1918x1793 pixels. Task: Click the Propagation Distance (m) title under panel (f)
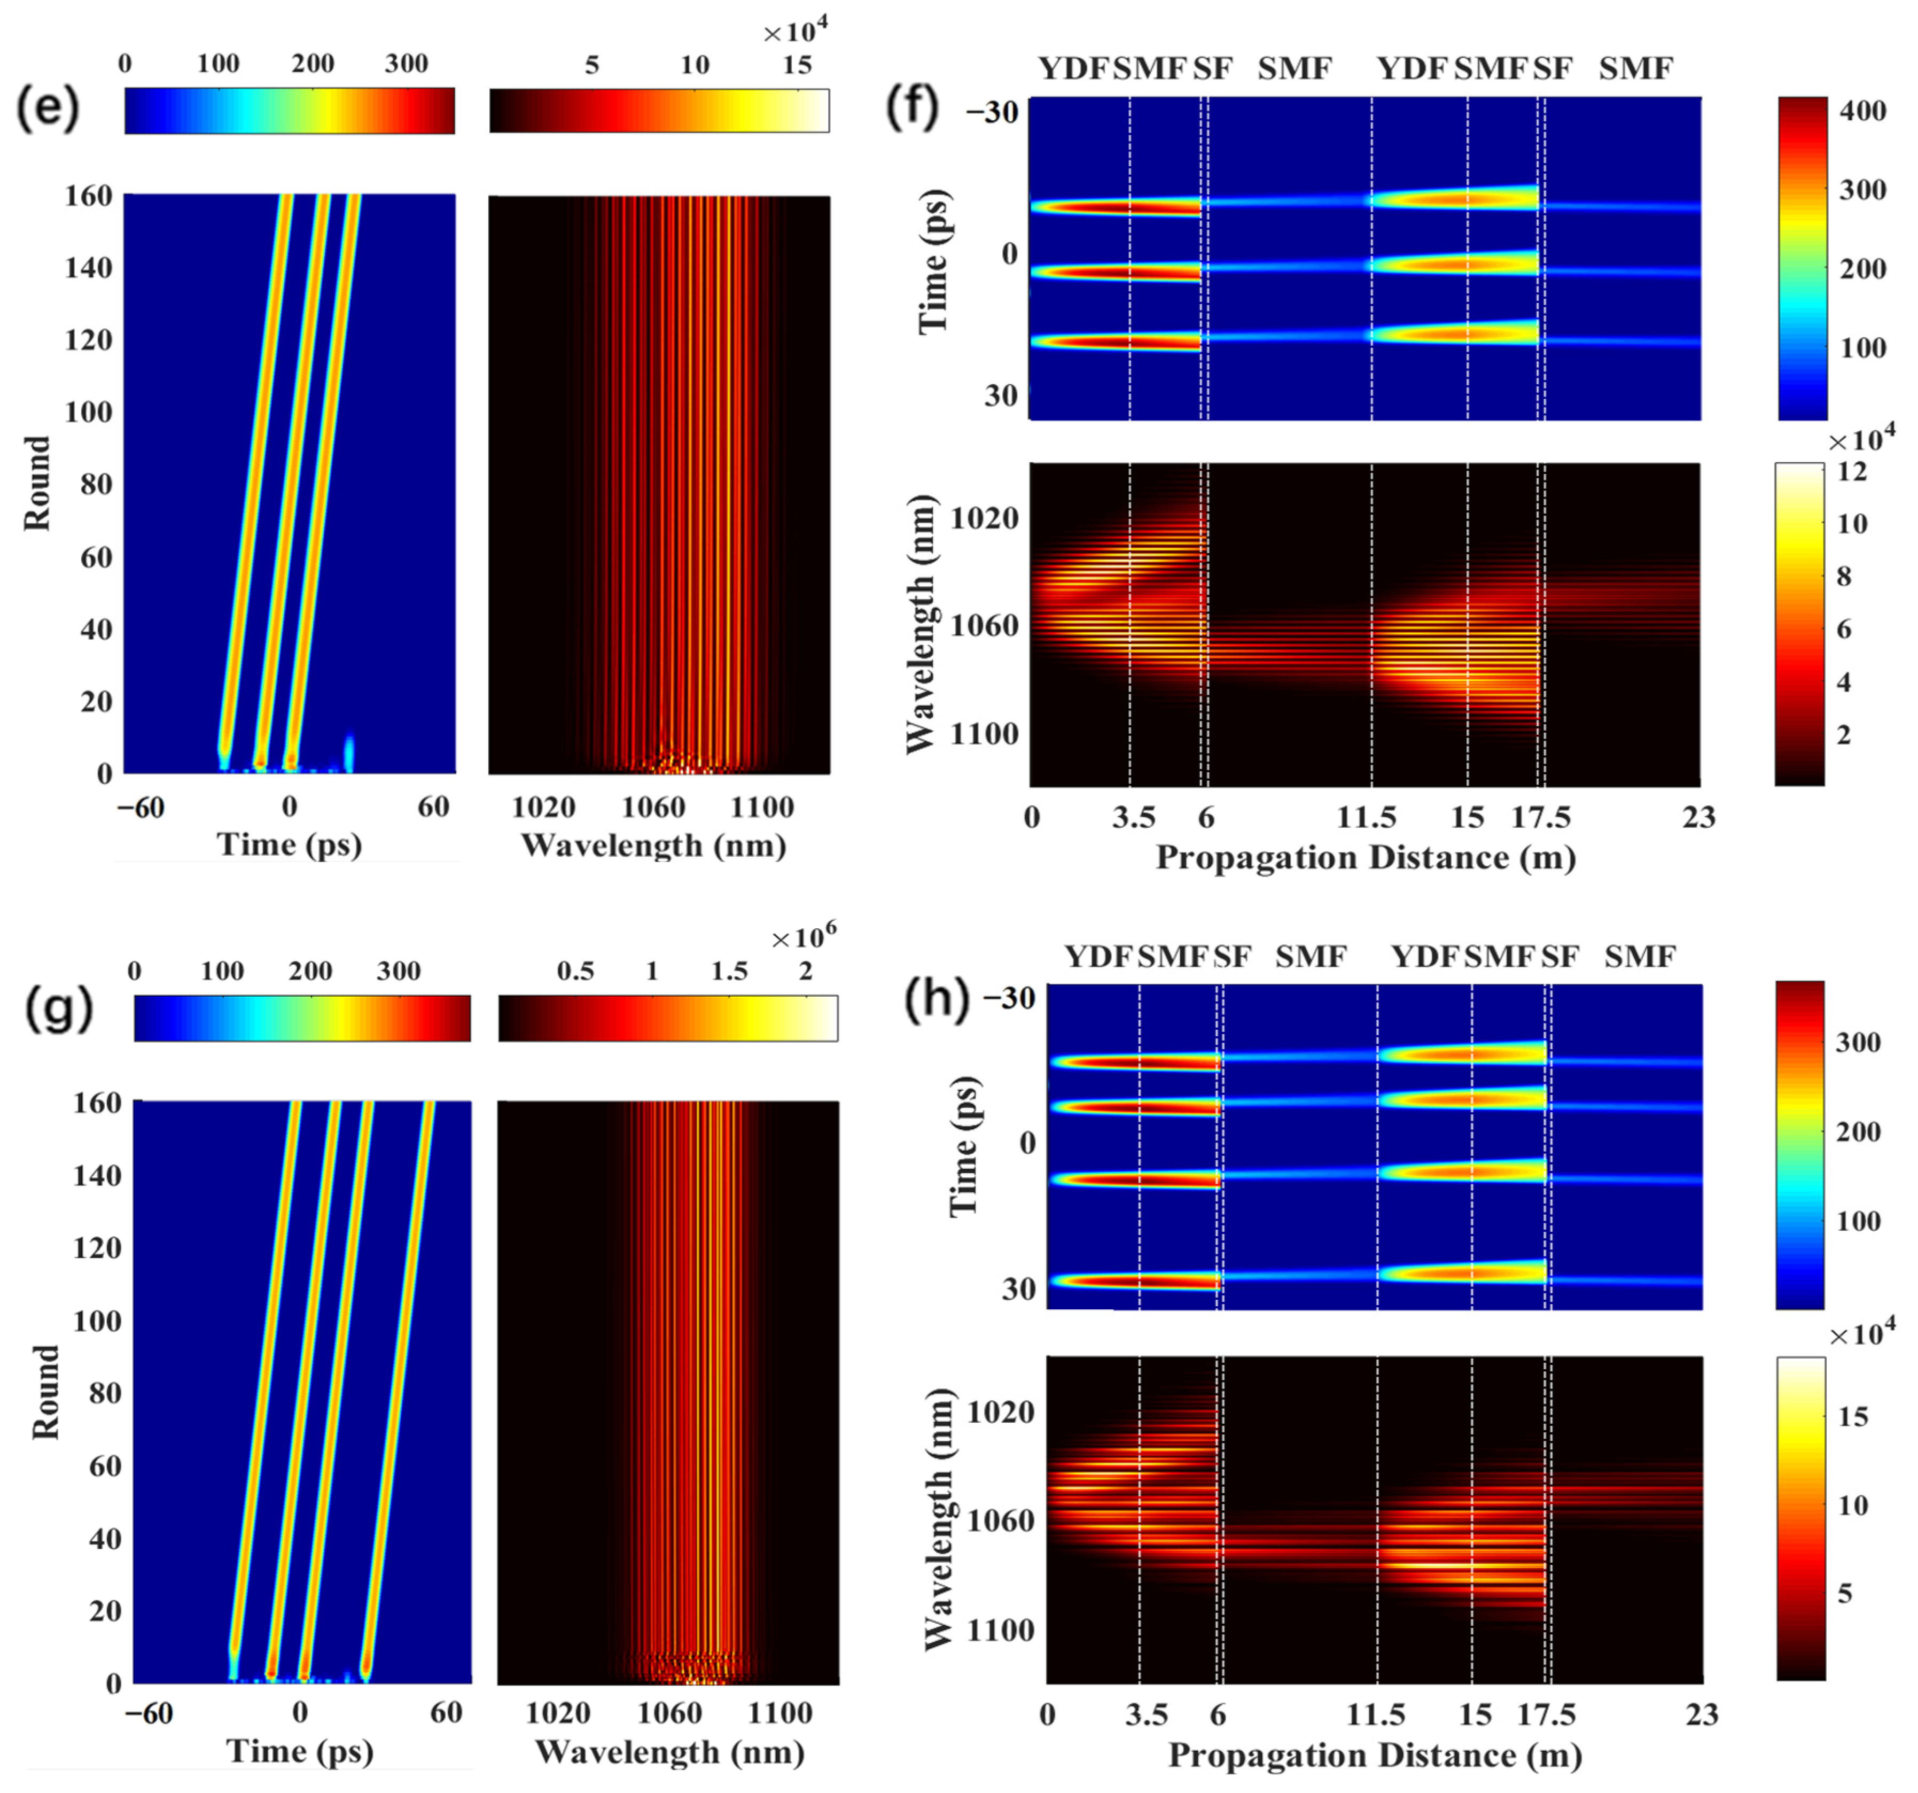click(x=1365, y=857)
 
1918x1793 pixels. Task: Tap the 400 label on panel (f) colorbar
click(x=1862, y=111)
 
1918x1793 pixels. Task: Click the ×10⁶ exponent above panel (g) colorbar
click(x=802, y=938)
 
